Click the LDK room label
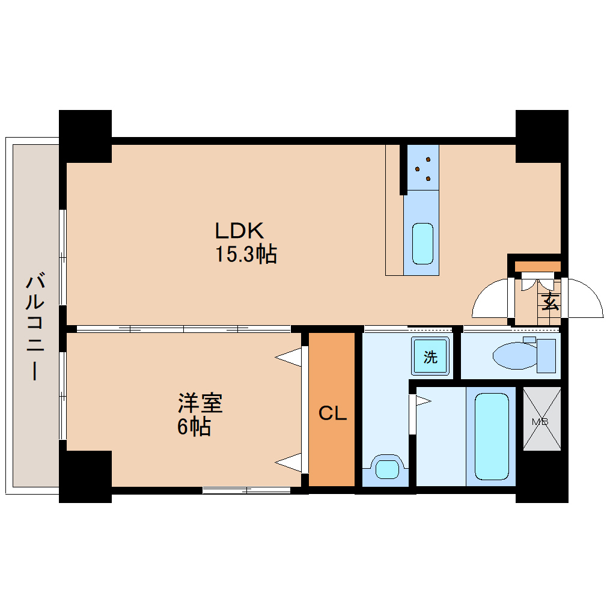tap(239, 230)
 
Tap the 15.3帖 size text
tap(246, 255)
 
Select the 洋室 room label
tap(201, 403)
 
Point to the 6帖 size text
tap(194, 427)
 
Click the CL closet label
tap(332, 413)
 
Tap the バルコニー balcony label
tap(34, 328)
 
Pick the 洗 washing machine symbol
tap(430, 357)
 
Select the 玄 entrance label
tap(550, 300)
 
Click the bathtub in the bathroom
tap(492, 436)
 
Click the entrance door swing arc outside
tap(584, 299)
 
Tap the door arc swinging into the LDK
tap(490, 299)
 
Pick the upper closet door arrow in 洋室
tap(290, 357)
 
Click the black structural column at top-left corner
tap(85, 136)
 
